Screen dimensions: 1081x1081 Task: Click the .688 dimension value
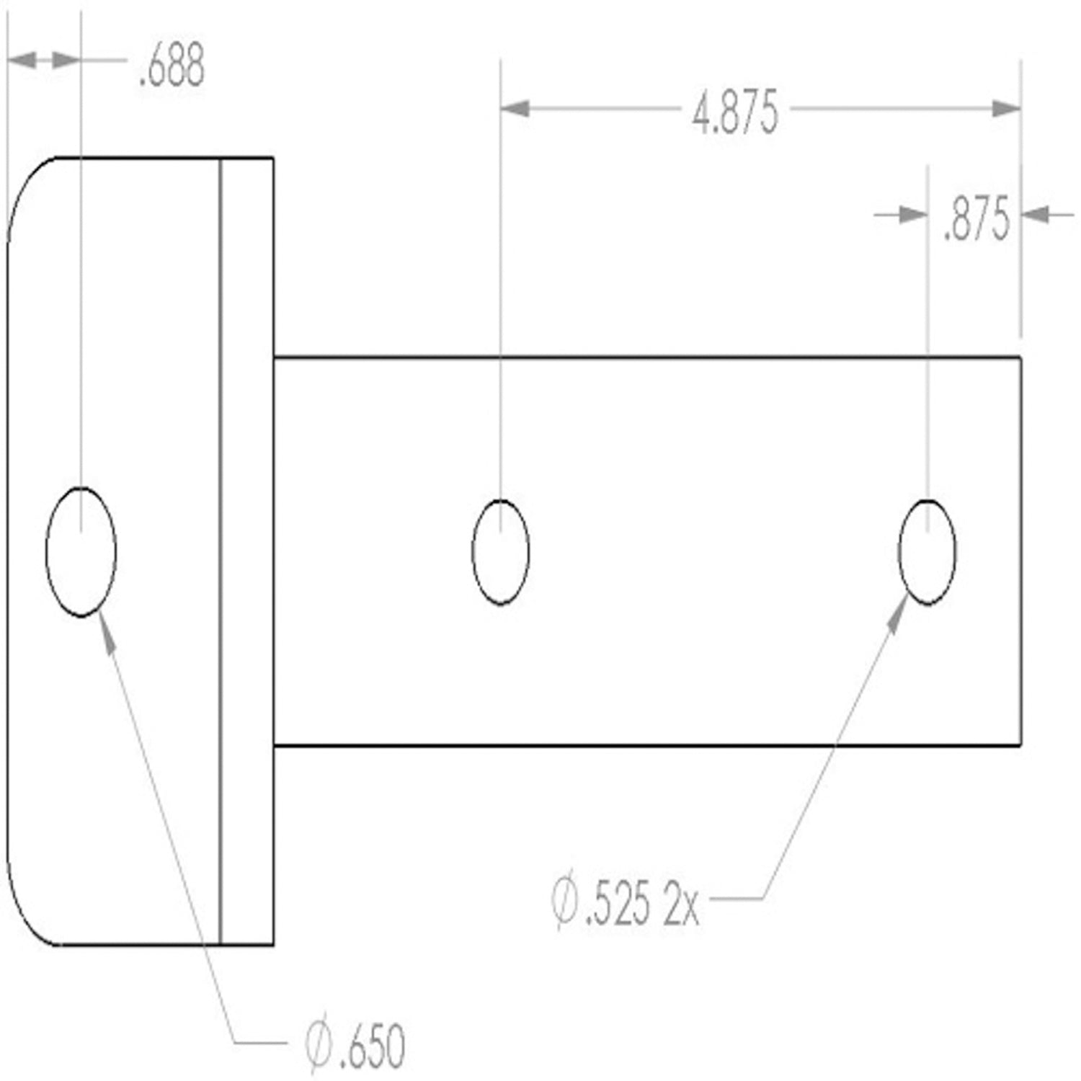pyautogui.click(x=172, y=66)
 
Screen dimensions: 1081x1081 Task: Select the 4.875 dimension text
pyautogui.click(x=735, y=113)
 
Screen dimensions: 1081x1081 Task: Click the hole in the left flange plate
pyautogui.click(x=81, y=552)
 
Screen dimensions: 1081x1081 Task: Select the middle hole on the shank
pyautogui.click(x=500, y=552)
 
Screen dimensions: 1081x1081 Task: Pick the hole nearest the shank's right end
pyautogui.click(x=927, y=552)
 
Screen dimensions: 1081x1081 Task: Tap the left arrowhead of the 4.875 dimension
pyautogui.click(x=515, y=109)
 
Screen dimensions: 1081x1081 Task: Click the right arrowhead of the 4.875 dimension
pyautogui.click(x=1006, y=109)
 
